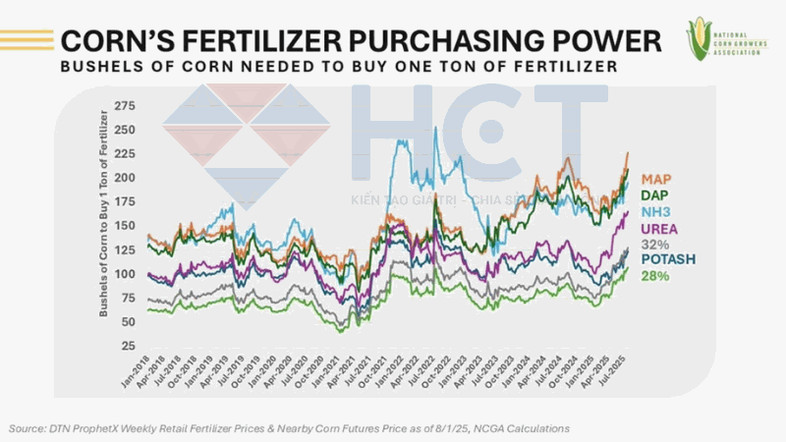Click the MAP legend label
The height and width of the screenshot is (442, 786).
click(657, 180)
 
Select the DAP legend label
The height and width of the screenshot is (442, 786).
click(656, 195)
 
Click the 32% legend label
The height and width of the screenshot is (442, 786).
click(654, 244)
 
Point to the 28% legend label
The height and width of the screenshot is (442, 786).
click(655, 275)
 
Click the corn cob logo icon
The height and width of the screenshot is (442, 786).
click(701, 36)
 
